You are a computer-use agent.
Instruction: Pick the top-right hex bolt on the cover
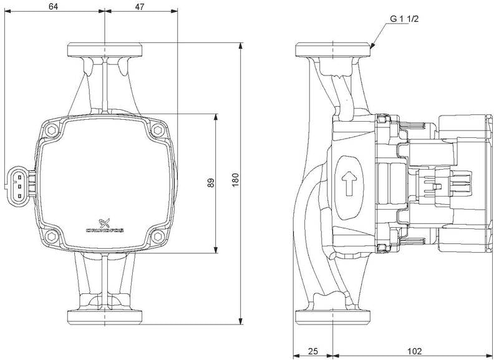pos(157,132)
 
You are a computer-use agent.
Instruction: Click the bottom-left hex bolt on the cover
pos(51,237)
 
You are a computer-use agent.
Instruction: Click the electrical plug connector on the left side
pos(19,184)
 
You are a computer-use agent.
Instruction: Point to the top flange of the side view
pos(333,50)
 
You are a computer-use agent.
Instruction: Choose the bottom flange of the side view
pos(333,317)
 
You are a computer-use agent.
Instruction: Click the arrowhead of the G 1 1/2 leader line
pos(373,46)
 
